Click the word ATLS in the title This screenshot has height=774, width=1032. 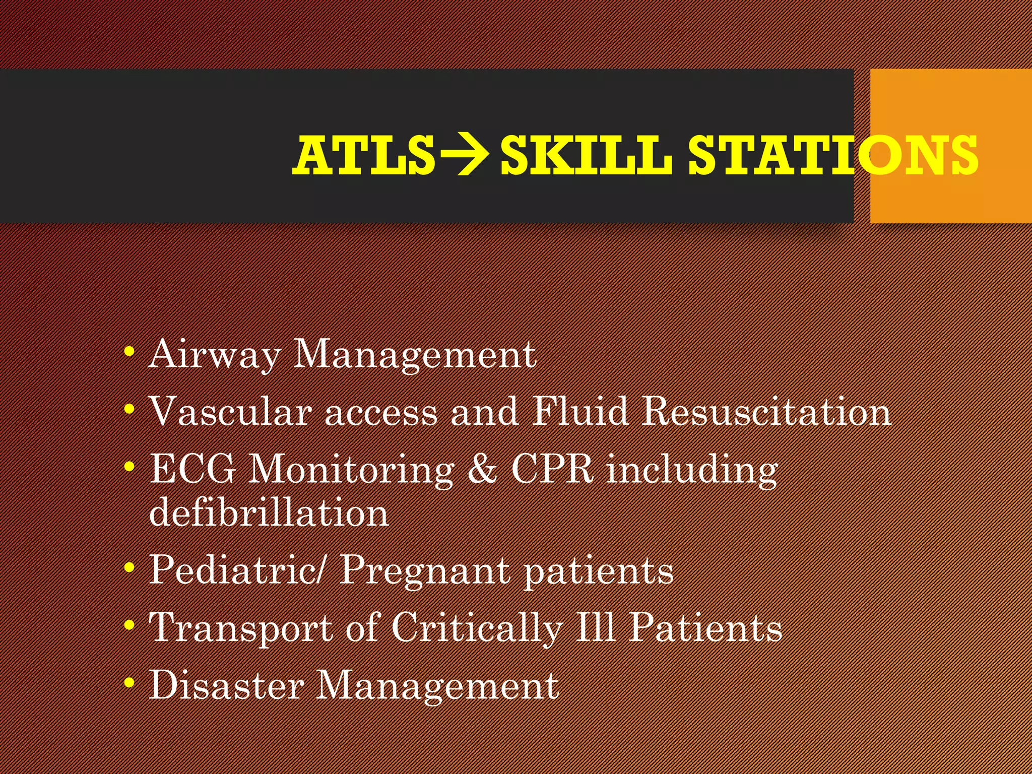(364, 156)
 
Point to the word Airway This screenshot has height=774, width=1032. (214, 355)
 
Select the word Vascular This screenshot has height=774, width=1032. (230, 412)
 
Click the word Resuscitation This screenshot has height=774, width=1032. (766, 412)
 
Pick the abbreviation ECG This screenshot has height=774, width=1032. (193, 469)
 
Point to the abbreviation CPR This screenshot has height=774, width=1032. (552, 469)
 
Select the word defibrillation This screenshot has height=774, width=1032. (269, 513)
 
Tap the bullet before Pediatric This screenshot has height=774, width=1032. (130, 568)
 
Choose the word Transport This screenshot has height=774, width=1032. (241, 629)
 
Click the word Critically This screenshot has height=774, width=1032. (477, 629)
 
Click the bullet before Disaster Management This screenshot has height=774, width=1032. (130, 683)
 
